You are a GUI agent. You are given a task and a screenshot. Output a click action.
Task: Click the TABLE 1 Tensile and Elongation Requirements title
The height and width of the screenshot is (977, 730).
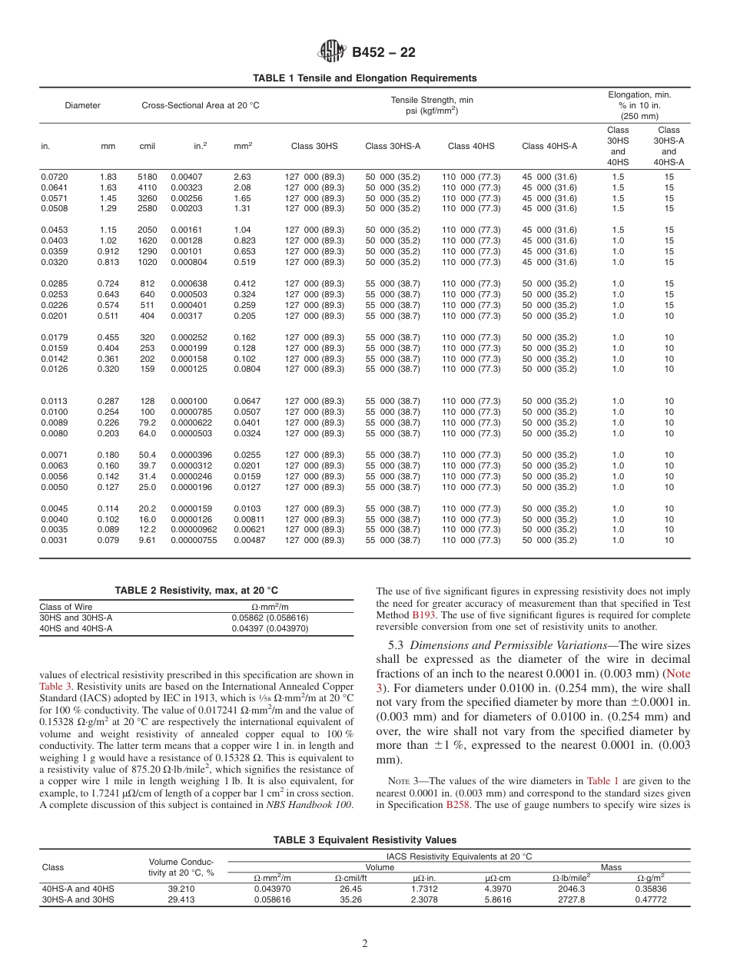tap(365, 78)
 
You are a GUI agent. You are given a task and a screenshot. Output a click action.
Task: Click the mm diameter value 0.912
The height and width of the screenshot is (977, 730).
tap(108, 251)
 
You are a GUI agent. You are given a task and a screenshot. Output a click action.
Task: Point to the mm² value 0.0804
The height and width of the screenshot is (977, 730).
tap(247, 369)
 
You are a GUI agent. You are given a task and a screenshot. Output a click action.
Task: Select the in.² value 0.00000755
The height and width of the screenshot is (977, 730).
tap(194, 540)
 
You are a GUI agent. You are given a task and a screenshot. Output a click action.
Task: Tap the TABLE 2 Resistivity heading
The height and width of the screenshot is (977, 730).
tap(196, 591)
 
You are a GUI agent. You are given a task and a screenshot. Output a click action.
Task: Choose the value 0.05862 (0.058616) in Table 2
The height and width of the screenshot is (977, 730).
tap(270, 618)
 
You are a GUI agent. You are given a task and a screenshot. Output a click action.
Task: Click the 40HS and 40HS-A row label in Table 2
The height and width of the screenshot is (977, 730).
tap(76, 628)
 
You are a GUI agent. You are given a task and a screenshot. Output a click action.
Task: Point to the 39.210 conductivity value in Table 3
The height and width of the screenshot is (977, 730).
tap(181, 889)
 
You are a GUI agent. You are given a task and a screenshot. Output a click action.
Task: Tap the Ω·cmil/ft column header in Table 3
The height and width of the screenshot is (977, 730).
tap(355, 878)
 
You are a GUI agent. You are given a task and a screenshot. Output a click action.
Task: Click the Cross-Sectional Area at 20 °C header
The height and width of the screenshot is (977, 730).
tap(200, 105)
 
